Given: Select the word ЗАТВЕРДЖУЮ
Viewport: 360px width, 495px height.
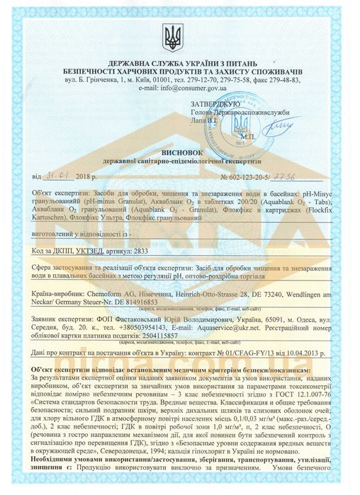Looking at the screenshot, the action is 214,104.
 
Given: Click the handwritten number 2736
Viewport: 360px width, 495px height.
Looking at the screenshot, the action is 297,175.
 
